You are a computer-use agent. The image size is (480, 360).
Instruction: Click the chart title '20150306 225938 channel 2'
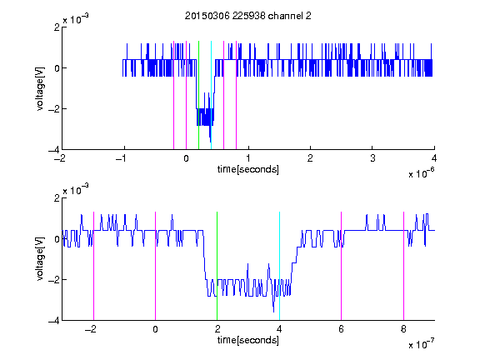[x=248, y=16]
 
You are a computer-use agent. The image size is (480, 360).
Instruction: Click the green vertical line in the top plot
[x=198, y=95]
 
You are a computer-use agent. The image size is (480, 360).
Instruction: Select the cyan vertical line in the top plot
[x=211, y=95]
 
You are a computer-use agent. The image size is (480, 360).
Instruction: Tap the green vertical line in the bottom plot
[x=217, y=266]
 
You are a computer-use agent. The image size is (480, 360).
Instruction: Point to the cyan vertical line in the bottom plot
[x=279, y=266]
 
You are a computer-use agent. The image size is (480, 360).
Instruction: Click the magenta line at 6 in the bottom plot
[x=342, y=266]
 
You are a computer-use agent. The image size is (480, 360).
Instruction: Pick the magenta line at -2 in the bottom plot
[x=93, y=266]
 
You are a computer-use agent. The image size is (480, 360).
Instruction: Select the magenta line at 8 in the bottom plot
[x=403, y=266]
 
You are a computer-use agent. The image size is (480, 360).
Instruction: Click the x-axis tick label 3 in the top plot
[x=372, y=158]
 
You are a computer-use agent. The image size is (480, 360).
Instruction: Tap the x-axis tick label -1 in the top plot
[x=122, y=158]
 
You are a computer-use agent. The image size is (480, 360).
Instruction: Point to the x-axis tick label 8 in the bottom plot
[x=403, y=329]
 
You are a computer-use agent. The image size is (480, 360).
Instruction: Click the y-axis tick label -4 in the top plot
[x=53, y=150]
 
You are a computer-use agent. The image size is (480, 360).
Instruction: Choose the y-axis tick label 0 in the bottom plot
[x=57, y=239]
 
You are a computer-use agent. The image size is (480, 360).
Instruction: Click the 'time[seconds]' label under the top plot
[x=248, y=169]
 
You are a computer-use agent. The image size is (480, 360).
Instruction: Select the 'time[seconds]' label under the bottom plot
[x=248, y=340]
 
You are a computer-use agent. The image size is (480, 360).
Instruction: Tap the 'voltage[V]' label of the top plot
[x=40, y=88]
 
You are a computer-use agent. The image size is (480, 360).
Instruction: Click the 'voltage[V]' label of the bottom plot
[x=40, y=259]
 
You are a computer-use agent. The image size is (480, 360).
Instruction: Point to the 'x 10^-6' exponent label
[x=421, y=172]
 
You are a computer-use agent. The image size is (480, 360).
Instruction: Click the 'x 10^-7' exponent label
[x=421, y=343]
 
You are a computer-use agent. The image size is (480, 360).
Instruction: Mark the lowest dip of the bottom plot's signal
[x=273, y=312]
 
